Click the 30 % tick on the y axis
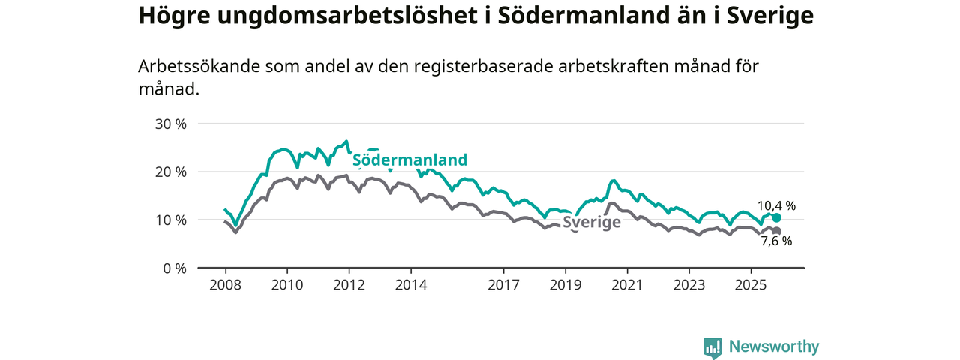pyautogui.click(x=171, y=124)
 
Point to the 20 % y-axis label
pyautogui.click(x=171, y=172)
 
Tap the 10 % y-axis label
pyautogui.click(x=171, y=220)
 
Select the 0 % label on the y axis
pyautogui.click(x=175, y=268)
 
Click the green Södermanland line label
pyautogui.click(x=409, y=160)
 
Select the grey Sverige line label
pyautogui.click(x=591, y=223)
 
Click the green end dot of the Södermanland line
pyautogui.click(x=776, y=217)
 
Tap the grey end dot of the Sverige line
pyautogui.click(x=777, y=231)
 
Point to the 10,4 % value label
pyautogui.click(x=776, y=205)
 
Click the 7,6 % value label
pyautogui.click(x=776, y=241)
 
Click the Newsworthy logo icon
pyautogui.click(x=712, y=347)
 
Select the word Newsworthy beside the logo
pyautogui.click(x=774, y=347)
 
